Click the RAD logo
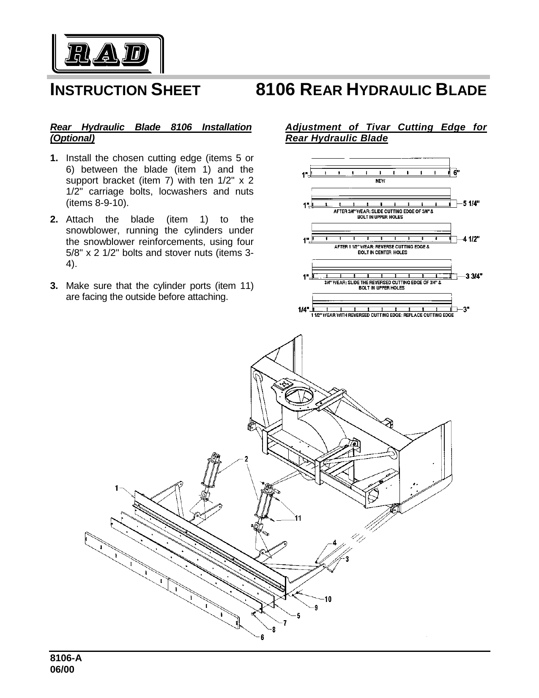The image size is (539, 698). pos(107,54)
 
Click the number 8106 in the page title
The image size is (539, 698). pos(277,90)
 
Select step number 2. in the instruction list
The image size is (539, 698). pos(54,220)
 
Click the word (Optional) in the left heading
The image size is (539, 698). pos(72,138)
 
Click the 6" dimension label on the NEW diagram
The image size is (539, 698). pos(457,173)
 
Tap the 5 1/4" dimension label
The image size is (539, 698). pos(471,203)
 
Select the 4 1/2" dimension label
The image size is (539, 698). pos(471,239)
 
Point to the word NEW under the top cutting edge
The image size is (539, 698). pos(380,181)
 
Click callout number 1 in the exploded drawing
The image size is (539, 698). pos(117,488)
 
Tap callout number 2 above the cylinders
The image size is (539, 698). pos(246,459)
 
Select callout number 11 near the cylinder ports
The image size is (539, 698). pos(298,518)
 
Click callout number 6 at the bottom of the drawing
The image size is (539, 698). pos(262,638)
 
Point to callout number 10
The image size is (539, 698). pos(328,599)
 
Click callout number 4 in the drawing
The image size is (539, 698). pos(334,542)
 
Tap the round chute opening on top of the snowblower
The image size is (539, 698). pos(300,396)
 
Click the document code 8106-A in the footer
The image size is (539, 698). pos(66,658)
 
